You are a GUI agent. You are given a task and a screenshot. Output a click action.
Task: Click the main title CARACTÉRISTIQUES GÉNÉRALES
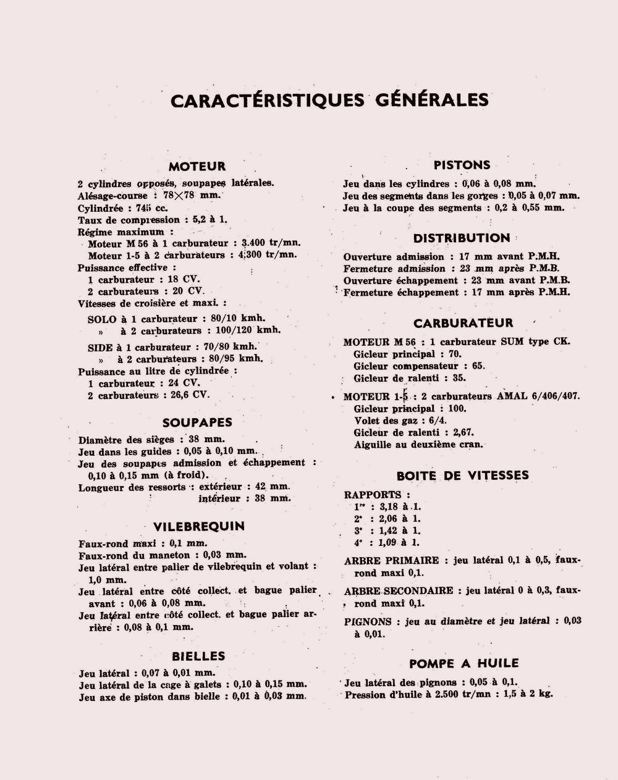(x=329, y=100)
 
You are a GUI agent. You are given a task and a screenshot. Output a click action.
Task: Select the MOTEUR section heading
(x=197, y=166)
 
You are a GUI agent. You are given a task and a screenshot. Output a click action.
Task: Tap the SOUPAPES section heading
(x=197, y=423)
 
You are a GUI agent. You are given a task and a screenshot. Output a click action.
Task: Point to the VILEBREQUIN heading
(x=198, y=526)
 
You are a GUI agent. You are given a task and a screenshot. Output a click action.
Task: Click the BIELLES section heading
(x=198, y=656)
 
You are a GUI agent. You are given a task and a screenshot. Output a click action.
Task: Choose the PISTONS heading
(x=462, y=165)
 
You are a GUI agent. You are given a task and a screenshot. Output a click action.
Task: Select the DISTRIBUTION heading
(x=462, y=238)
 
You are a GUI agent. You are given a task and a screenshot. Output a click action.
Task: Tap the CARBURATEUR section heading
(x=463, y=323)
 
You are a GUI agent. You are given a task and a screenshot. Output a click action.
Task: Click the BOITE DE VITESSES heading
(x=462, y=475)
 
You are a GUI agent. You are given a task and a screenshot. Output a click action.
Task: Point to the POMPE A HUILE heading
(x=463, y=663)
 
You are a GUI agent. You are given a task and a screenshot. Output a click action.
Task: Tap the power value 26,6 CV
(x=188, y=395)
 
